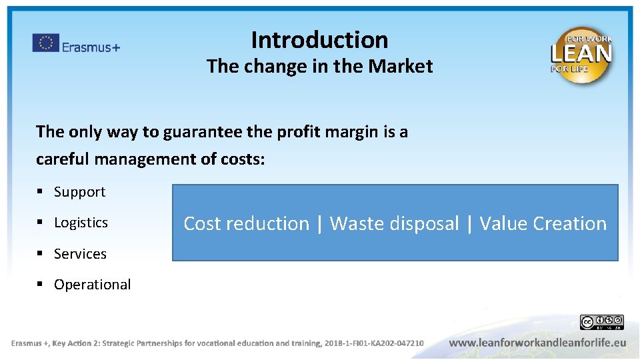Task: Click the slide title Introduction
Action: [319, 40]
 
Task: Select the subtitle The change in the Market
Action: [319, 67]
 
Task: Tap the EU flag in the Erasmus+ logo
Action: [45, 44]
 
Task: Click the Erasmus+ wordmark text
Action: [91, 47]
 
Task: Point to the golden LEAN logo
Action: [581, 55]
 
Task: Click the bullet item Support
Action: [79, 192]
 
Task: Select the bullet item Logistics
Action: [81, 223]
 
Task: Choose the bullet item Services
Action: [80, 254]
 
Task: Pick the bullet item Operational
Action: [92, 285]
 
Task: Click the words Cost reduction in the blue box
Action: [246, 223]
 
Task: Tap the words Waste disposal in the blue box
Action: [394, 223]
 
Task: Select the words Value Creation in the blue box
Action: [543, 223]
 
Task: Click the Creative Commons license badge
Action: [601, 323]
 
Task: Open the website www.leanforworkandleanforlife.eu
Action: [537, 343]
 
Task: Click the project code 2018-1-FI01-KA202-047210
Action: [373, 343]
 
